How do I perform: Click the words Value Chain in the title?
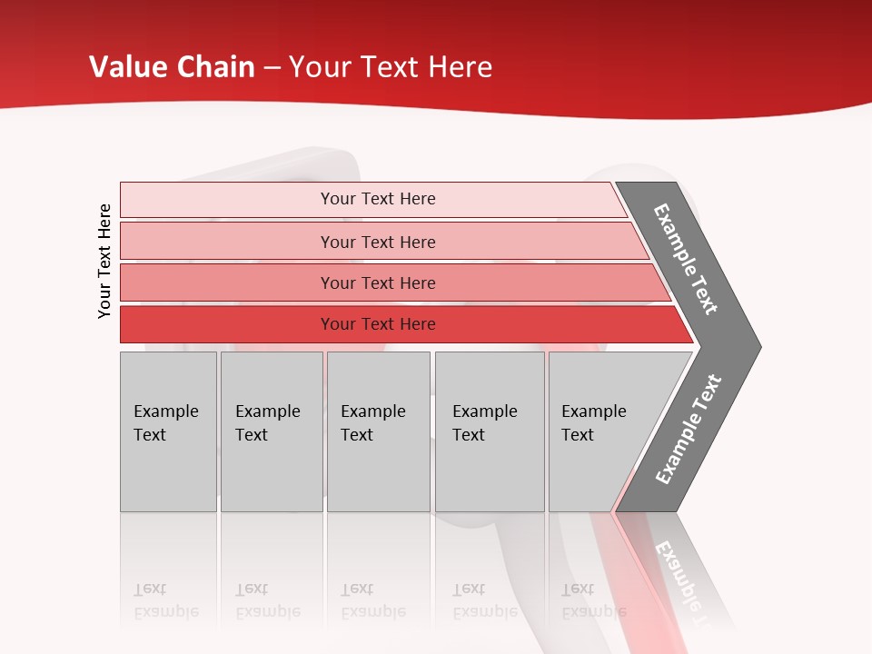click(172, 67)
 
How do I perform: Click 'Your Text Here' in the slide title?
click(391, 67)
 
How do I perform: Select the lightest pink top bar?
click(227, 200)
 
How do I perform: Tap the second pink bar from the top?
click(227, 242)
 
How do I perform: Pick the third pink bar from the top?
click(227, 282)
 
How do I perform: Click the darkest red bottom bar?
click(227, 324)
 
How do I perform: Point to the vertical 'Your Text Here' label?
click(104, 261)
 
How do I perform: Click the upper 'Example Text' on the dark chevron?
click(686, 259)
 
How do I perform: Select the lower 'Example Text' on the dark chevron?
click(689, 430)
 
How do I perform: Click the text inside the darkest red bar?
click(378, 324)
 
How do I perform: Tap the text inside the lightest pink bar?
click(378, 199)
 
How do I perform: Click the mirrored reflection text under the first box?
click(166, 600)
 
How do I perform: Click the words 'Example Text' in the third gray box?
click(372, 422)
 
